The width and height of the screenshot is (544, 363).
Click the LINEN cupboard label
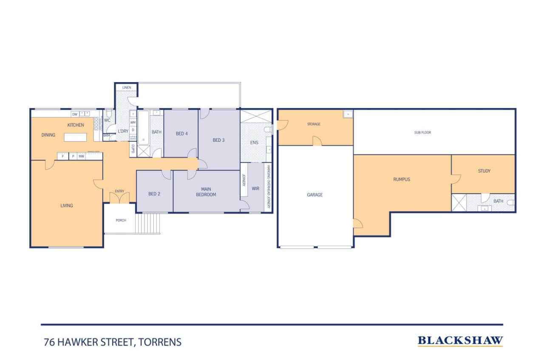pos(126,87)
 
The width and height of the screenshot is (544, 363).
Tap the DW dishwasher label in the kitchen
pos(74,114)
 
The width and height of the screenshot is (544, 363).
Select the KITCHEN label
pos(75,125)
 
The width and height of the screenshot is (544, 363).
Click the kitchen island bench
pos(75,137)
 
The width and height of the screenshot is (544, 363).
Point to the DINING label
pos(48,135)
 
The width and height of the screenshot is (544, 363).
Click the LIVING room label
pos(66,206)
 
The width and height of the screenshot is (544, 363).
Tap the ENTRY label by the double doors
pos(119,191)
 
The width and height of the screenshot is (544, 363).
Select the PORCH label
pos(121,220)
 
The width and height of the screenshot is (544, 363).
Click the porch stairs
pos(148,223)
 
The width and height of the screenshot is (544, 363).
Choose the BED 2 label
pos(154,194)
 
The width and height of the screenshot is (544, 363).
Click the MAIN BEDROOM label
pos(206,192)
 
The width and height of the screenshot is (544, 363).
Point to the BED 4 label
pos(181,134)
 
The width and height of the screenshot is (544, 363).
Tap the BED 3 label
pos(218,140)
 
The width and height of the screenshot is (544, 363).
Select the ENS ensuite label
pos(254,143)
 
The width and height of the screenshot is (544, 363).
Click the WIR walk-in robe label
pos(255,189)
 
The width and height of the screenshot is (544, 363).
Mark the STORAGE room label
pos(314,124)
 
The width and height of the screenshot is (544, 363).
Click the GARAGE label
pos(314,195)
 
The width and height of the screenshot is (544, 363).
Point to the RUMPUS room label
pos(401,180)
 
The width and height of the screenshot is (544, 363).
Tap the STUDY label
pos(484,171)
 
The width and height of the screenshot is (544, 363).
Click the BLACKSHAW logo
pos(460,340)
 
